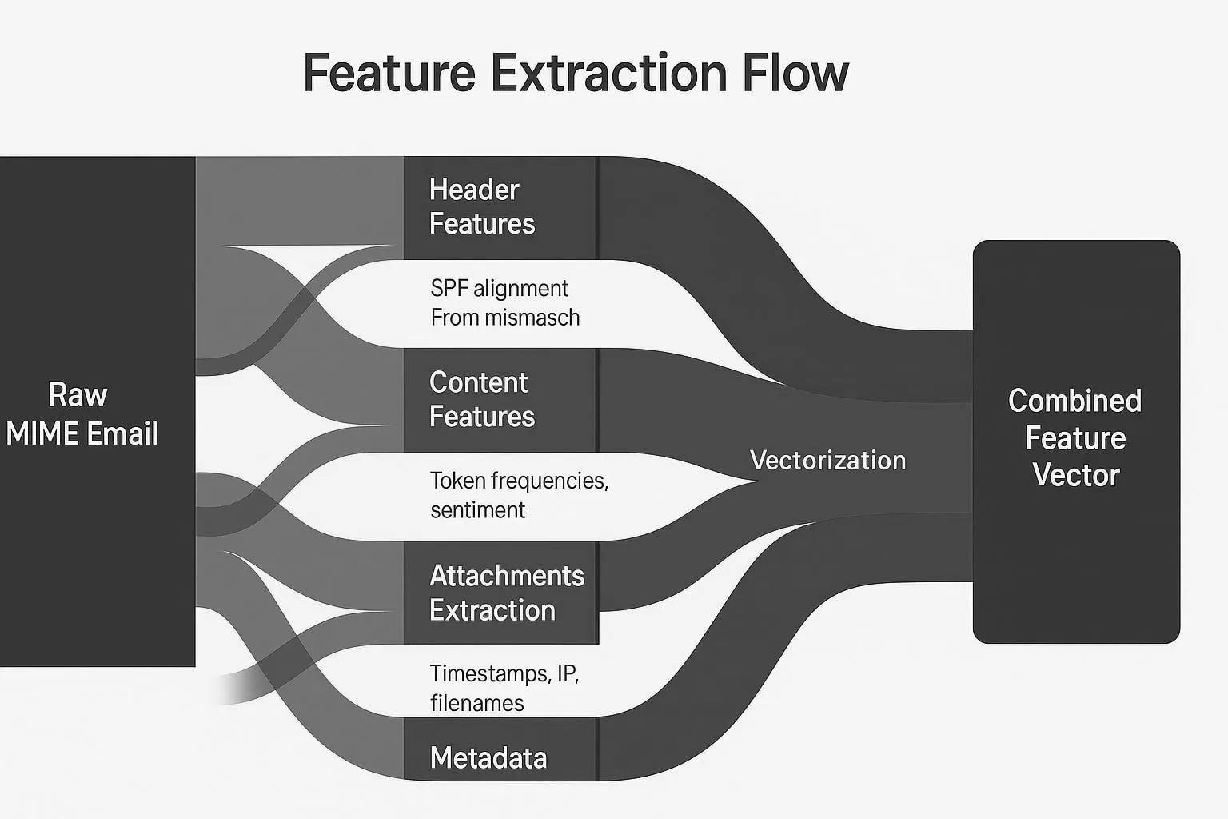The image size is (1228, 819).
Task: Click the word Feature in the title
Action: [x=389, y=74]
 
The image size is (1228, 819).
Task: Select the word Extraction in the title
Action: [x=608, y=74]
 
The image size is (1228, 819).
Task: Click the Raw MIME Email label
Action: [x=82, y=414]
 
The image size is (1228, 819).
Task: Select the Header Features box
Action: [x=500, y=207]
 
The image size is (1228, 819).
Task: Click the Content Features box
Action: [x=500, y=400]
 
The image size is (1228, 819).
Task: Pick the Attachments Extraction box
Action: [x=501, y=593]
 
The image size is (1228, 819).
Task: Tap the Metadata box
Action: [x=500, y=757]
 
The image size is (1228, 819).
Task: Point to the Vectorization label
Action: [x=827, y=461]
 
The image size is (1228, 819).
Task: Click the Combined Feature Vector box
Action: [x=1075, y=440]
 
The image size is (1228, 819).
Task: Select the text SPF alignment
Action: [x=499, y=288]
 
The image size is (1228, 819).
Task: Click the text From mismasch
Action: [x=504, y=318]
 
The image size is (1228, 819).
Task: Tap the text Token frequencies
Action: [x=519, y=481]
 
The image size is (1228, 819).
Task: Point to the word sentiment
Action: [x=477, y=510]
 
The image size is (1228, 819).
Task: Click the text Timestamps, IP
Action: [x=504, y=673]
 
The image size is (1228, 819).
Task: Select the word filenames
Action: [x=476, y=703]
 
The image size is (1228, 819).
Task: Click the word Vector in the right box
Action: [x=1075, y=475]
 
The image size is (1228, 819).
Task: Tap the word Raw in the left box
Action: [x=78, y=395]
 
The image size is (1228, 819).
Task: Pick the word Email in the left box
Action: [x=122, y=434]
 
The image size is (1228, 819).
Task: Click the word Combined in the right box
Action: [x=1074, y=401]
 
